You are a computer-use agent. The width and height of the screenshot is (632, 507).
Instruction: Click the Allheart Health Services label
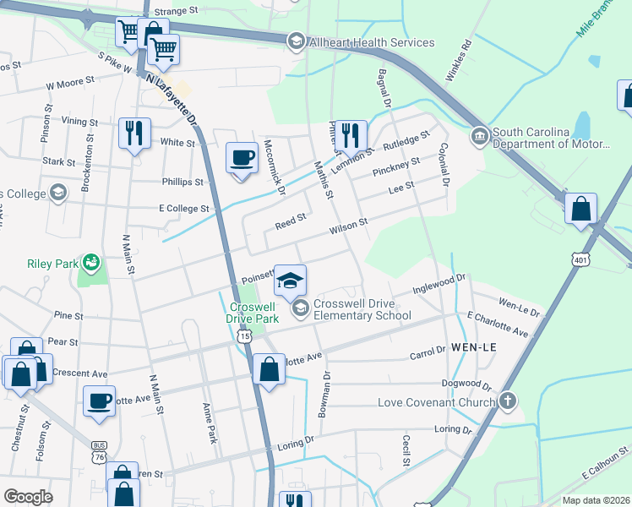(373, 42)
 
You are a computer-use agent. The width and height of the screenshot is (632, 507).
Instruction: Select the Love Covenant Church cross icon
(507, 401)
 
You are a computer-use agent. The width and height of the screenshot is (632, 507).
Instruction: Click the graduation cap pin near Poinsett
(290, 281)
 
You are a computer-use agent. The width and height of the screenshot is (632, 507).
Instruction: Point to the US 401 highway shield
(578, 259)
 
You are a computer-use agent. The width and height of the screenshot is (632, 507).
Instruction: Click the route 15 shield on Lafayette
(244, 336)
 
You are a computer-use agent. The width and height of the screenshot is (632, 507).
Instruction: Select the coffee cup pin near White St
(242, 158)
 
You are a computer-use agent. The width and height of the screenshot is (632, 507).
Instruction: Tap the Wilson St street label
(348, 226)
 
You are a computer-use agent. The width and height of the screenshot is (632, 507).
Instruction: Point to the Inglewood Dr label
(439, 283)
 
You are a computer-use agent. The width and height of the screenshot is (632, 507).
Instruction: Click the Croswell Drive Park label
(253, 313)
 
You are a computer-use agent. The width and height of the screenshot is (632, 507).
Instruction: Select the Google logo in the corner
(28, 497)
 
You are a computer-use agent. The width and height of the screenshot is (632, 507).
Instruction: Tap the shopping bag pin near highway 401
(580, 209)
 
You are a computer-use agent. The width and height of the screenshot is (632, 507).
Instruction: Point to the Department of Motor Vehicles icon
(479, 135)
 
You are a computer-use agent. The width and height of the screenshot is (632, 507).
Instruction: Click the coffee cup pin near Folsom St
(100, 401)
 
